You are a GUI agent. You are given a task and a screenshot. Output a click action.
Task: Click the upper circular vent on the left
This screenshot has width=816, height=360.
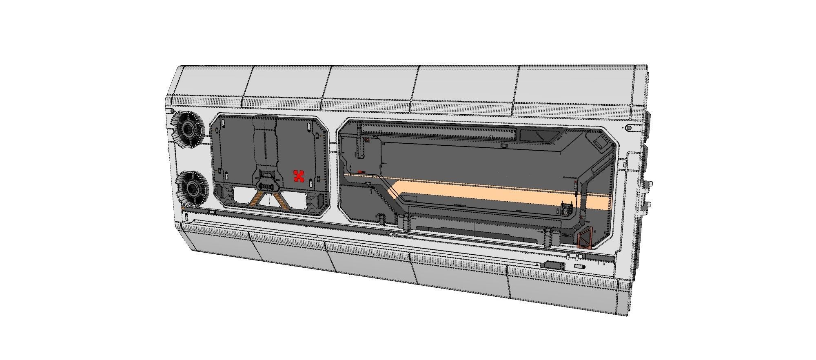pos(188,129)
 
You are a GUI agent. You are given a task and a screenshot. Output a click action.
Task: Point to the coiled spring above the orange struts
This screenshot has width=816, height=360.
pos(268,187)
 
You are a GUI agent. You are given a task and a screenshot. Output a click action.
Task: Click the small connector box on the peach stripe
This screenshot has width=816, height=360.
pos(566,209)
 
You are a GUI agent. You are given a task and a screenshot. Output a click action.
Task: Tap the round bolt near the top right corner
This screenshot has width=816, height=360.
pos(629,128)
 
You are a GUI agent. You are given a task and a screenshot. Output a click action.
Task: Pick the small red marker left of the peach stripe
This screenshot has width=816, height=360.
pos(361,172)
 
